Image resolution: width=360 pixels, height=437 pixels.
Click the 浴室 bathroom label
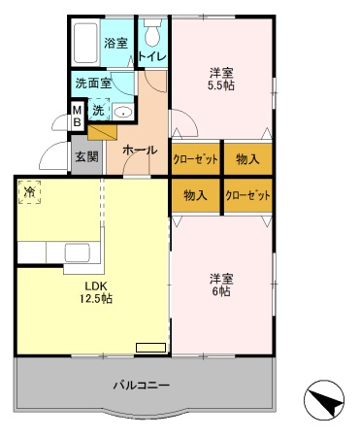[x=116, y=43]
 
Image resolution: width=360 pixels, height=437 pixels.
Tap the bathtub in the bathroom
[x=85, y=44]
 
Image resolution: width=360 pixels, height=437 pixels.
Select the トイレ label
[x=152, y=56]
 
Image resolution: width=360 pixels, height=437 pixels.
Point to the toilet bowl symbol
[x=152, y=35]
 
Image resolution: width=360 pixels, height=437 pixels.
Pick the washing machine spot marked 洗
[x=98, y=110]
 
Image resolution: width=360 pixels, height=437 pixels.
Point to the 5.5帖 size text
[x=221, y=84]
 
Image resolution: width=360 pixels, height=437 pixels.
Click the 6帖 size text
[x=221, y=291]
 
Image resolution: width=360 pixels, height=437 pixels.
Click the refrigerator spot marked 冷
[x=31, y=192]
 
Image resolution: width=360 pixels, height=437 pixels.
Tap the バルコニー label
[x=143, y=385]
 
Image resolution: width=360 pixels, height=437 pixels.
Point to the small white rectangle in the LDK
[x=150, y=345]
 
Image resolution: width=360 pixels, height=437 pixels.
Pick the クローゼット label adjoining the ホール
[x=196, y=159]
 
